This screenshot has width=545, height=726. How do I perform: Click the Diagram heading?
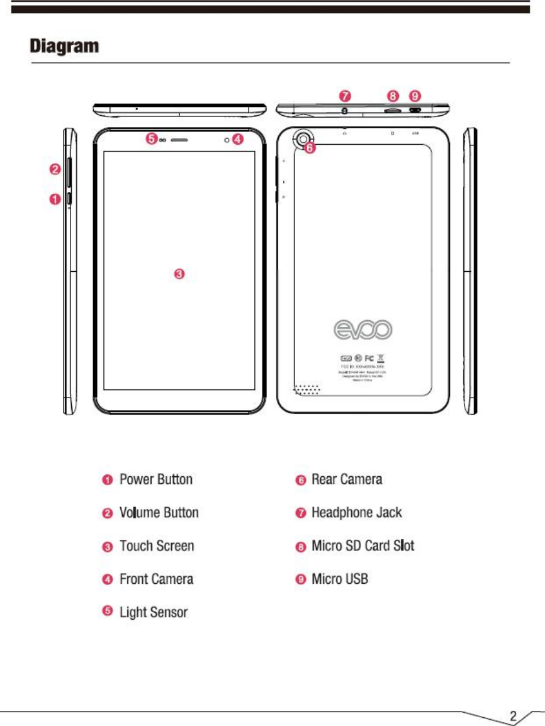click(65, 47)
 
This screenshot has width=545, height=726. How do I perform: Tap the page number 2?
click(514, 715)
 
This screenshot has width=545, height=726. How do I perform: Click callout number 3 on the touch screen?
click(179, 274)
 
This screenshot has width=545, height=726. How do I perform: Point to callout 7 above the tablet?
click(344, 96)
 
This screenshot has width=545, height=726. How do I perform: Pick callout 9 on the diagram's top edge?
click(415, 96)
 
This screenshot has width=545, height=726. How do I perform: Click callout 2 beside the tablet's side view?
click(55, 169)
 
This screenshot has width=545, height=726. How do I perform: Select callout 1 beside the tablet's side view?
click(55, 199)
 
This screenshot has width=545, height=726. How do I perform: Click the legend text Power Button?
click(156, 479)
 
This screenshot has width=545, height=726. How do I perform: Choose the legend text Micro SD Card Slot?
click(363, 545)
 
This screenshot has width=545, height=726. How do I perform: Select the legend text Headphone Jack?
click(357, 513)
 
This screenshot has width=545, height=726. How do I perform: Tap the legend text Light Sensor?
click(154, 612)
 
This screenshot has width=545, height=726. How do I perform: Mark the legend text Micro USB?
click(340, 579)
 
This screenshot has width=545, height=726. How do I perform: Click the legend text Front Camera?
click(156, 579)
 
